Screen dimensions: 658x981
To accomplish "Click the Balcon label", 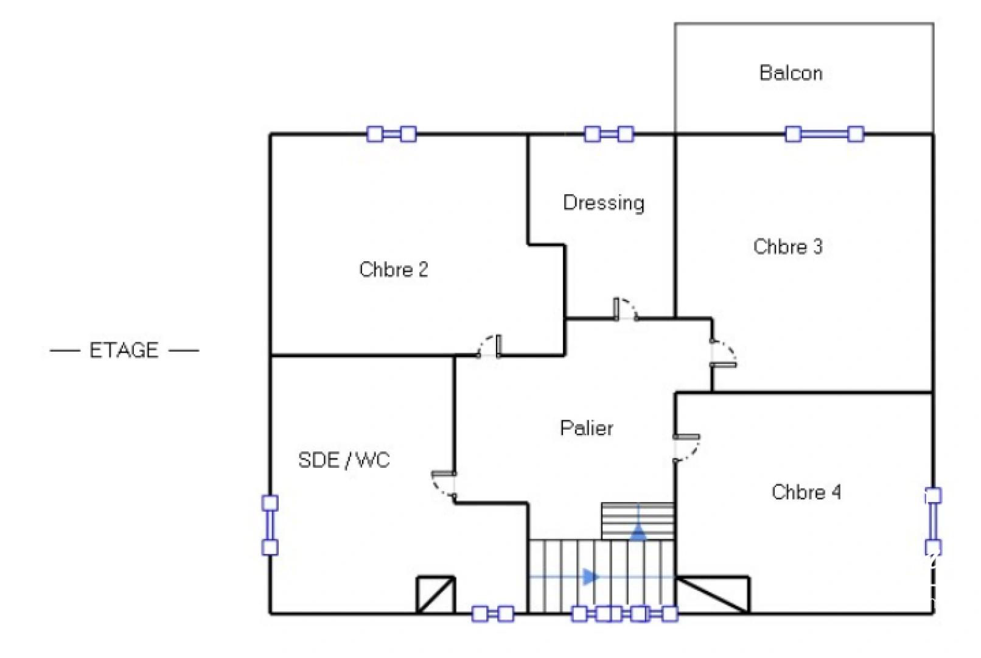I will (x=791, y=73).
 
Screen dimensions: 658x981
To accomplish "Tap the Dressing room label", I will (x=603, y=202).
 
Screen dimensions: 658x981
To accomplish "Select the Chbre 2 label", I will (x=393, y=269).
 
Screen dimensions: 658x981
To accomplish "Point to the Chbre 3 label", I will (x=787, y=247).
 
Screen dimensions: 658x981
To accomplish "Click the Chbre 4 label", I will (x=806, y=492).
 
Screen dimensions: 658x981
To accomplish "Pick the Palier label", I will (x=586, y=428).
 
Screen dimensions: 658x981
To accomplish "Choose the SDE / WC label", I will (x=344, y=460).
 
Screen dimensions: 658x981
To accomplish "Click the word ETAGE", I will (x=124, y=350).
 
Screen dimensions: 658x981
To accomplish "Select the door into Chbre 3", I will (x=722, y=354).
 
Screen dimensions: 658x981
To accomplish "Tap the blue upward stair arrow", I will (x=638, y=532).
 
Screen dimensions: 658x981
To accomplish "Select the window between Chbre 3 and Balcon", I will (x=824, y=134).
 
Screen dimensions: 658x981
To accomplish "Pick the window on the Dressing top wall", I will (x=609, y=134).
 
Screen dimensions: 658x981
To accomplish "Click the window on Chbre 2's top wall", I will (x=391, y=134).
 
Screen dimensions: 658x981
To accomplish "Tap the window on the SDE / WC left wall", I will (x=270, y=525).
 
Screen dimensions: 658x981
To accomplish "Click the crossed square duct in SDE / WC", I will (x=435, y=595).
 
